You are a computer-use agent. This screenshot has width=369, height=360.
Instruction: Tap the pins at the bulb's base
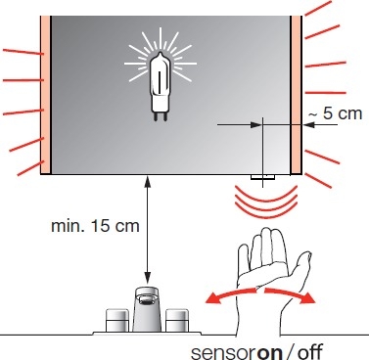pos(161,116)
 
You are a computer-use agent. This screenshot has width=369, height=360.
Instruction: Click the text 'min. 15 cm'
pos(95,226)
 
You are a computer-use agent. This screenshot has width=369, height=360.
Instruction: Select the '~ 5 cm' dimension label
pos(335,113)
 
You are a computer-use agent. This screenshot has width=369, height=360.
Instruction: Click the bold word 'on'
pos(270,352)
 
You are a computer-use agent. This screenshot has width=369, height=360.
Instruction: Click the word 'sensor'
pos(224,353)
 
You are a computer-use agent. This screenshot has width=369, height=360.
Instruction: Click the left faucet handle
pos(117,320)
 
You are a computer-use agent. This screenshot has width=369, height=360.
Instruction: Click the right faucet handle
pos(177,320)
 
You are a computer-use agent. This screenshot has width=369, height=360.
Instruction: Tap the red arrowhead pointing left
pos(212,298)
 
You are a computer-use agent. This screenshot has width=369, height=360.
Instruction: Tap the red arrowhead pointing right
pos(307,298)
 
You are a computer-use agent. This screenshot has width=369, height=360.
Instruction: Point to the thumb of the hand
pos(300,264)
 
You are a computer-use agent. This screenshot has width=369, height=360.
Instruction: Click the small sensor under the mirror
pos(262,177)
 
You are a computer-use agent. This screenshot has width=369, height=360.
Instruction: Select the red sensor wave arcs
pos(266,199)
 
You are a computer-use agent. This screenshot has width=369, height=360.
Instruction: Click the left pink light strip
pos(46,95)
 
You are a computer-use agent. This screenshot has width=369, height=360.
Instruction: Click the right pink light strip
pos(296,95)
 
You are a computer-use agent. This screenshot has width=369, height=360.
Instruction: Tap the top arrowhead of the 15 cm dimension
pos(148,181)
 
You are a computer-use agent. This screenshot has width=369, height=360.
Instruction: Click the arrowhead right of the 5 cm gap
pos(308,124)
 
